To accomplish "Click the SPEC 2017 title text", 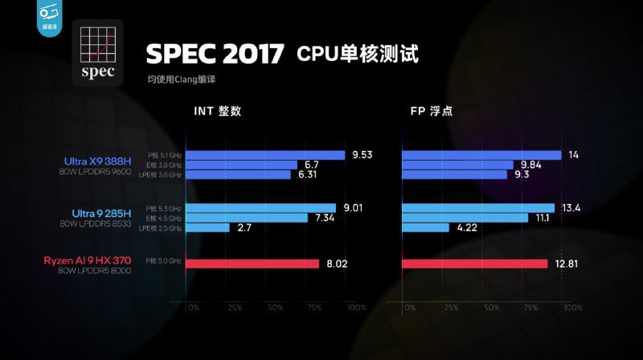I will pos(215,54).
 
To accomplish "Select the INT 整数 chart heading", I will pos(217,111).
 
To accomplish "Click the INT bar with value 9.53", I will pos(265,155).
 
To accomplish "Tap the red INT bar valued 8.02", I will pos(252,264).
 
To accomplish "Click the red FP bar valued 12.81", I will pos(474,264).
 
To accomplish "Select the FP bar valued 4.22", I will pos(425,228).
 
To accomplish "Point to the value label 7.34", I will pos(325,218).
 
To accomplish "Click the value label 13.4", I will pos(571,208).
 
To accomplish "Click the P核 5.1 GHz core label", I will pos(165,155).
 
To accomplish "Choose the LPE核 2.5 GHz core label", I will pos(161,228).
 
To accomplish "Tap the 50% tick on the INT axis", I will pos(276,308).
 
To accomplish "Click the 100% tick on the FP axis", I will pos(572,308).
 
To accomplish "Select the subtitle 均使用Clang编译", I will pos(182,80).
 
